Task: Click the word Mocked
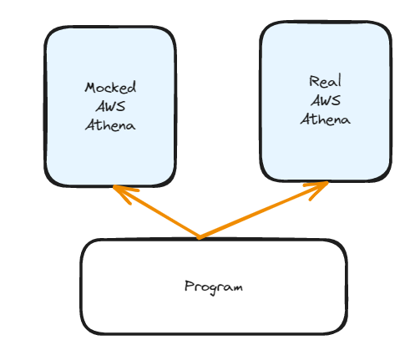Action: (x=110, y=88)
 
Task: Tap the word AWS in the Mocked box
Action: (x=110, y=106)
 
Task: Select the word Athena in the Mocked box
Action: (x=110, y=125)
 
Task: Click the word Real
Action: (x=325, y=81)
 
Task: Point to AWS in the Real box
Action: (x=326, y=100)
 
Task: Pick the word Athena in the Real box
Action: (x=325, y=119)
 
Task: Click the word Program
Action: (x=214, y=287)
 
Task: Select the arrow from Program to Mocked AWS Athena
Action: (x=156, y=211)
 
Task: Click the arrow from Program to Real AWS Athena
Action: (x=264, y=210)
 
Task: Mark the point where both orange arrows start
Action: (x=200, y=237)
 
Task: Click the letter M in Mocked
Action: (x=90, y=88)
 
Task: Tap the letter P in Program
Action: (x=190, y=286)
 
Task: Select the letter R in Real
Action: (x=315, y=81)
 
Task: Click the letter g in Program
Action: (x=214, y=290)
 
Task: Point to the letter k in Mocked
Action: (x=118, y=88)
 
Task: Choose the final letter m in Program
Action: (x=236, y=287)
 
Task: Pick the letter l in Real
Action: (x=339, y=80)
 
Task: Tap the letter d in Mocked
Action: (x=132, y=87)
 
